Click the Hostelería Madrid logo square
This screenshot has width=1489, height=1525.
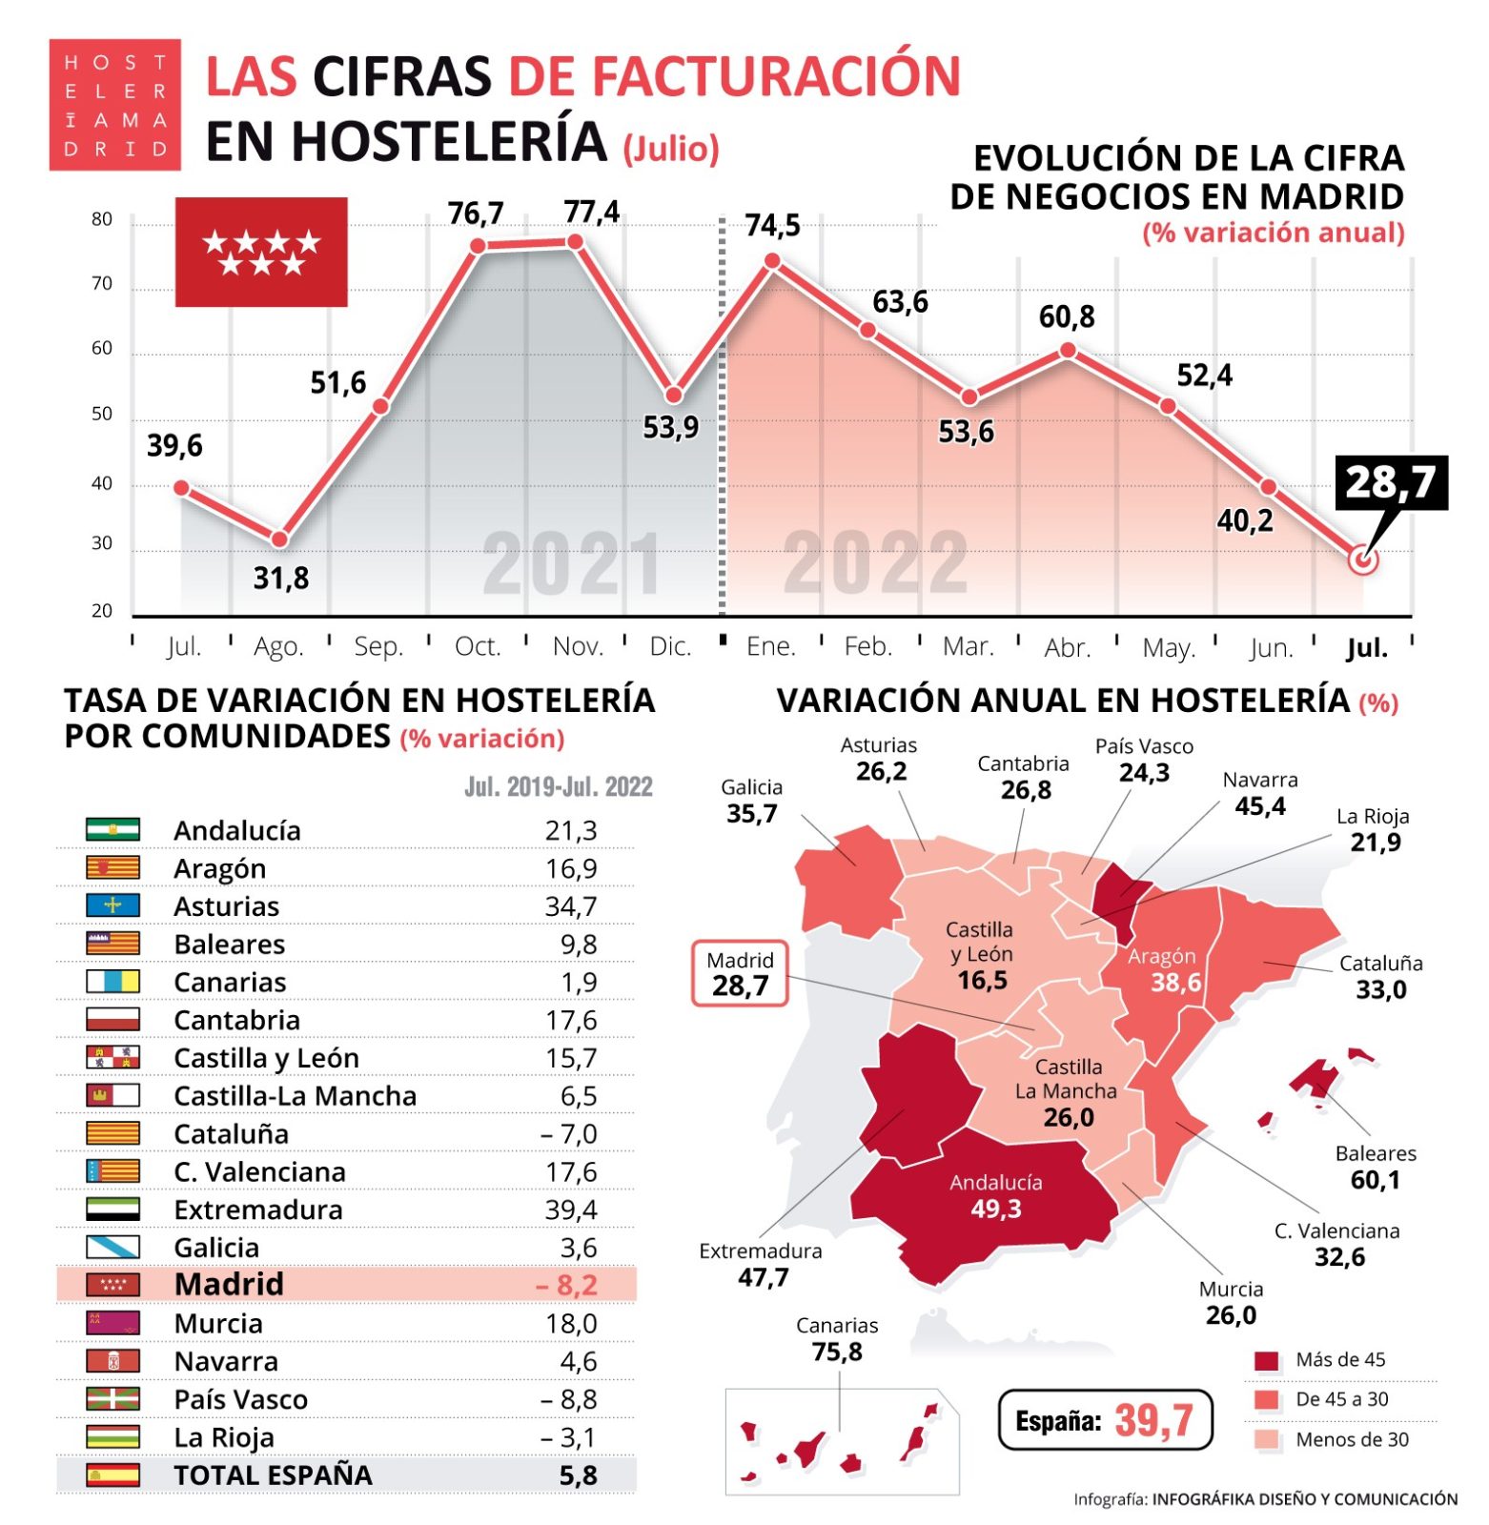[114, 105]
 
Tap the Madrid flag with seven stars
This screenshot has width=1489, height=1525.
[260, 253]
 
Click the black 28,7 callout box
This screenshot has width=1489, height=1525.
[1390, 482]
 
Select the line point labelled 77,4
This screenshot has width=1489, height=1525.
[575, 242]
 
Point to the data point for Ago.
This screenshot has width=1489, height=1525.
[279, 540]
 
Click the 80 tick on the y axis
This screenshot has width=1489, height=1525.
[102, 219]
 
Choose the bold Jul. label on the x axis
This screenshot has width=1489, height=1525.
[1366, 648]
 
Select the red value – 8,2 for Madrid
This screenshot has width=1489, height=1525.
[566, 1285]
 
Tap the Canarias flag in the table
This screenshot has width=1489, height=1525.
[112, 982]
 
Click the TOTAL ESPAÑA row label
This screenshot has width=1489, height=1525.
[273, 1474]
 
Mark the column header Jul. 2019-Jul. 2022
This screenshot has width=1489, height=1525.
[558, 786]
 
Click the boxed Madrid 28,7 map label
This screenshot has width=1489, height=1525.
[740, 974]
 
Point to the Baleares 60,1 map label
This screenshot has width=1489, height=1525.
[1376, 1167]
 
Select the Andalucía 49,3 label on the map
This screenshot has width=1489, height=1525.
[995, 1196]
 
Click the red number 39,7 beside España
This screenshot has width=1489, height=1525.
[1153, 1420]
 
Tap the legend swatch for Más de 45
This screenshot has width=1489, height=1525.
[1266, 1360]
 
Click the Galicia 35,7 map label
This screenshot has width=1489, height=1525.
[751, 801]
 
